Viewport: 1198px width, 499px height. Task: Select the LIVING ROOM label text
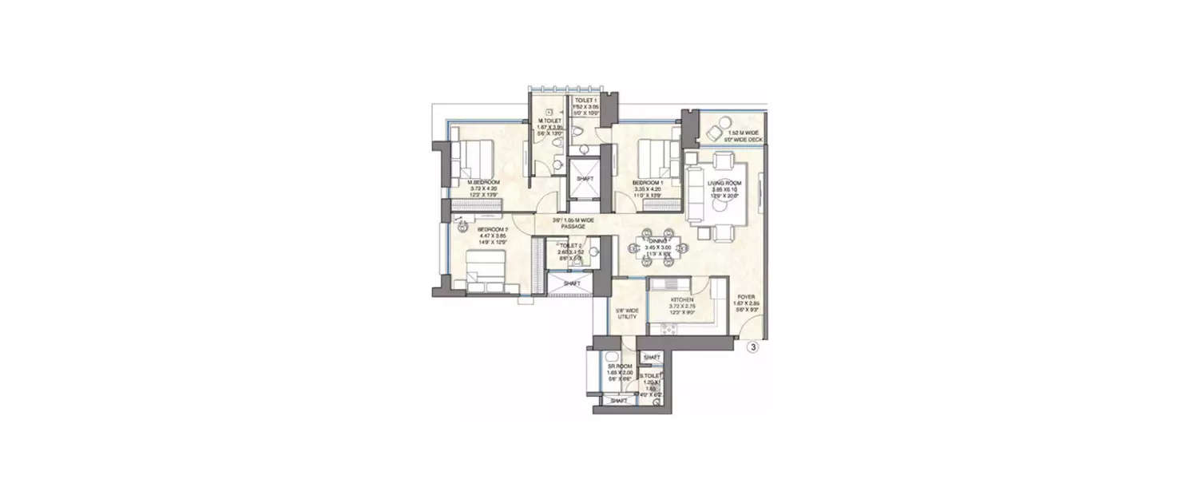(x=724, y=183)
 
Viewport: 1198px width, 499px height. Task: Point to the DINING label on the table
(x=658, y=240)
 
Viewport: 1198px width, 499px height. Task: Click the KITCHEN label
(x=671, y=300)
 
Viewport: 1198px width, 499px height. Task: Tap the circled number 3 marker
(x=752, y=347)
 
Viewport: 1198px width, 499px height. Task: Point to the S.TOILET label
(x=649, y=374)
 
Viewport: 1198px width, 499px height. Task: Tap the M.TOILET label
(x=549, y=121)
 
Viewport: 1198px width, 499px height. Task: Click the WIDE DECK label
(x=744, y=137)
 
